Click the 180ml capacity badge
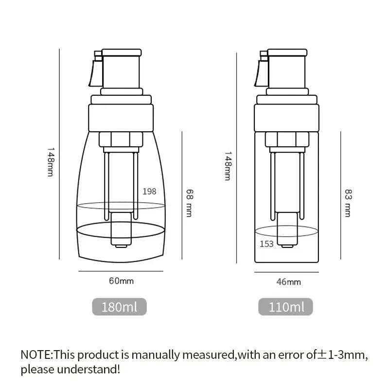tap(119, 307)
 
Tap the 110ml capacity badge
tap(287, 307)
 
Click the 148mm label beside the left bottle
tap(49, 162)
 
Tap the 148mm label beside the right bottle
tap(227, 165)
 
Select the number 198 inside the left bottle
tap(149, 191)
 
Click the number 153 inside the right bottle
tap(266, 244)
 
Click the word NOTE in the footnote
tap(35, 354)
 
